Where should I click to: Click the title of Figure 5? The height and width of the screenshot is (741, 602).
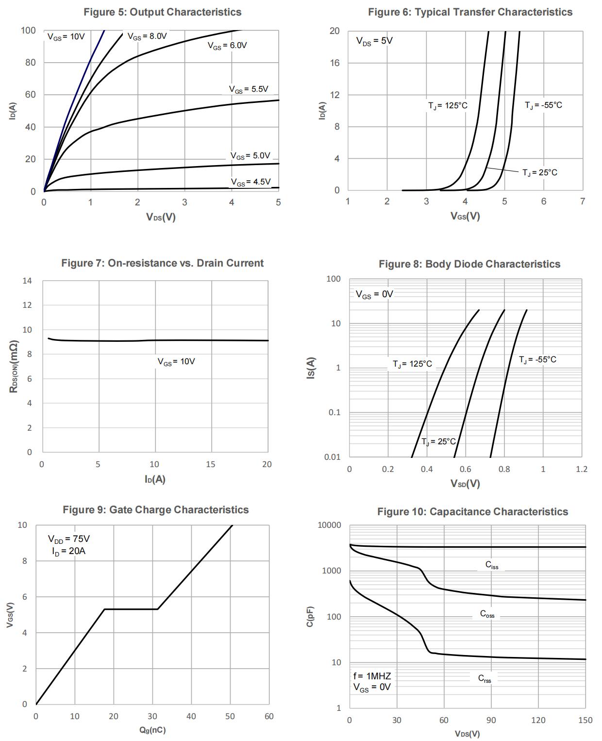click(x=162, y=12)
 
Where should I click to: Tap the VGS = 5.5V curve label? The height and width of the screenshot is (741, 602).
click(x=249, y=89)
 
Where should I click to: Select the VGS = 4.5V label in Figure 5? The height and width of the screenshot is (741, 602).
click(x=251, y=182)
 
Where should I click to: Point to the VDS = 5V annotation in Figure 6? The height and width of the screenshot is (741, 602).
click(x=374, y=41)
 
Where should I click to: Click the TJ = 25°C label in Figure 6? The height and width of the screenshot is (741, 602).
click(x=539, y=173)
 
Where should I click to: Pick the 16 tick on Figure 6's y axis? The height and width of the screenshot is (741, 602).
click(x=335, y=63)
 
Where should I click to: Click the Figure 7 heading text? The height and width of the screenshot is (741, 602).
click(x=162, y=263)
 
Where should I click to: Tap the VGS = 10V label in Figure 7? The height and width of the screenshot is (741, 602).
click(x=176, y=362)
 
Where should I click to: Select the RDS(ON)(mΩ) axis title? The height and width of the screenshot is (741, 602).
click(x=14, y=367)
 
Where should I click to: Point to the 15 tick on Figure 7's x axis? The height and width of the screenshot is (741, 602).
click(x=210, y=465)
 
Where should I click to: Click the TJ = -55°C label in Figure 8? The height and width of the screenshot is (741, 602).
click(x=537, y=360)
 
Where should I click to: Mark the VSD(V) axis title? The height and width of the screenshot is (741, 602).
click(x=465, y=484)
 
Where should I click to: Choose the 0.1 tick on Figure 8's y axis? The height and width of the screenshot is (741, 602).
click(x=334, y=413)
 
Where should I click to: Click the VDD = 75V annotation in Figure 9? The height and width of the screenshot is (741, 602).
click(x=68, y=539)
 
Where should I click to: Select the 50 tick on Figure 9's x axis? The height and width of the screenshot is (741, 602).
click(x=230, y=716)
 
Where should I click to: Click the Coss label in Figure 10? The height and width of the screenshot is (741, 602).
click(x=487, y=614)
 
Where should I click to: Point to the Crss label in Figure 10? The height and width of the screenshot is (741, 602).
click(x=485, y=679)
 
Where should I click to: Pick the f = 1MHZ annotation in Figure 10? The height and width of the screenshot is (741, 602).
click(x=372, y=676)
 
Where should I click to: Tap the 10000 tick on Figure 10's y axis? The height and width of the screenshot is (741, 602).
click(x=330, y=525)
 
